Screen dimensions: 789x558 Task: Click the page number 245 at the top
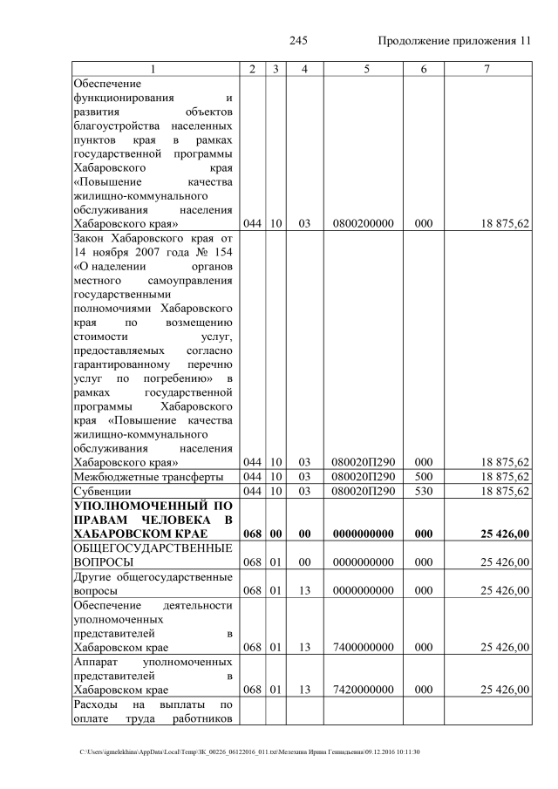click(x=298, y=41)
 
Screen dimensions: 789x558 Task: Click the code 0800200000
click(x=362, y=224)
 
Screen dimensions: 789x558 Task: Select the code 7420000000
click(x=362, y=690)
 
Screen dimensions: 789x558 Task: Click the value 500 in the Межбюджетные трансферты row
click(x=423, y=476)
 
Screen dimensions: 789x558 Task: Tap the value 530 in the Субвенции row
click(x=423, y=491)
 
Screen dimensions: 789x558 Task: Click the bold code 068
click(x=253, y=534)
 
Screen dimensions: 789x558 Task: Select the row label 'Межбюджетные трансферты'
click(x=148, y=476)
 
